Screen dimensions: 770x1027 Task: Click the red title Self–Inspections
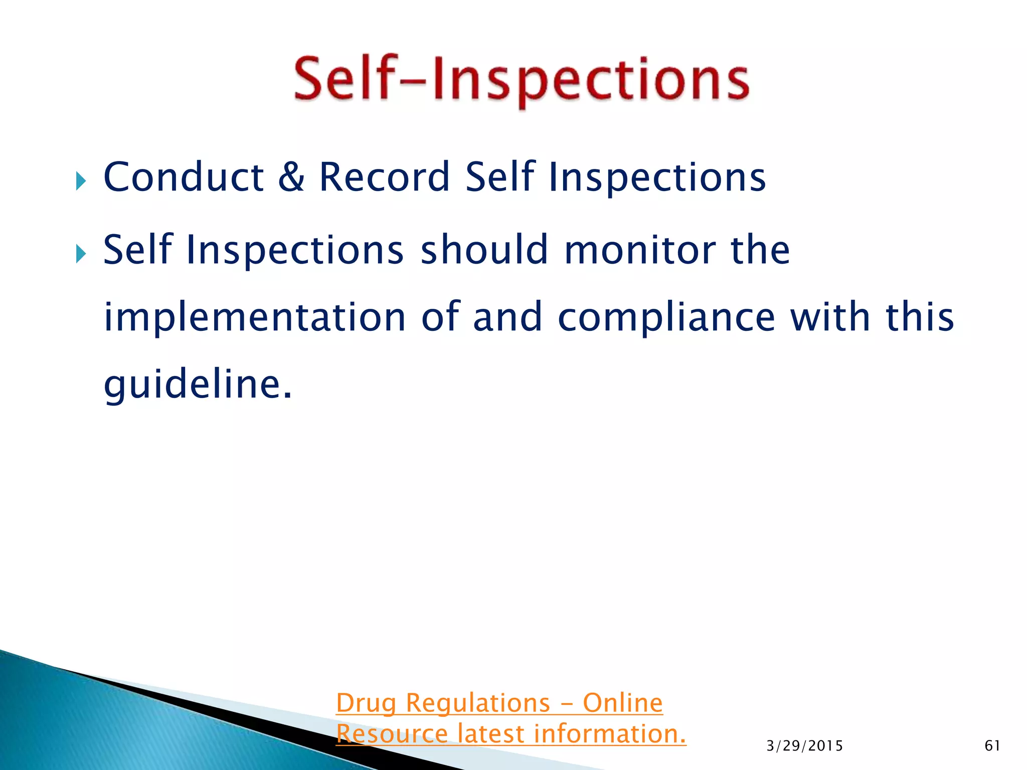522,80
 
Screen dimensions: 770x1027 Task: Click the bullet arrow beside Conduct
81,180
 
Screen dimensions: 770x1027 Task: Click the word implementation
255,317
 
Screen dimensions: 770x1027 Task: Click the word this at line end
920,317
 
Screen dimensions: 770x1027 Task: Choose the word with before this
830,317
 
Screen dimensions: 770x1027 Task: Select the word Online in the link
623,703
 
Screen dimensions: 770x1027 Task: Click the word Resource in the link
392,734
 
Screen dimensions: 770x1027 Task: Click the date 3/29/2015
804,746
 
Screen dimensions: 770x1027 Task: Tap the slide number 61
992,746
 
